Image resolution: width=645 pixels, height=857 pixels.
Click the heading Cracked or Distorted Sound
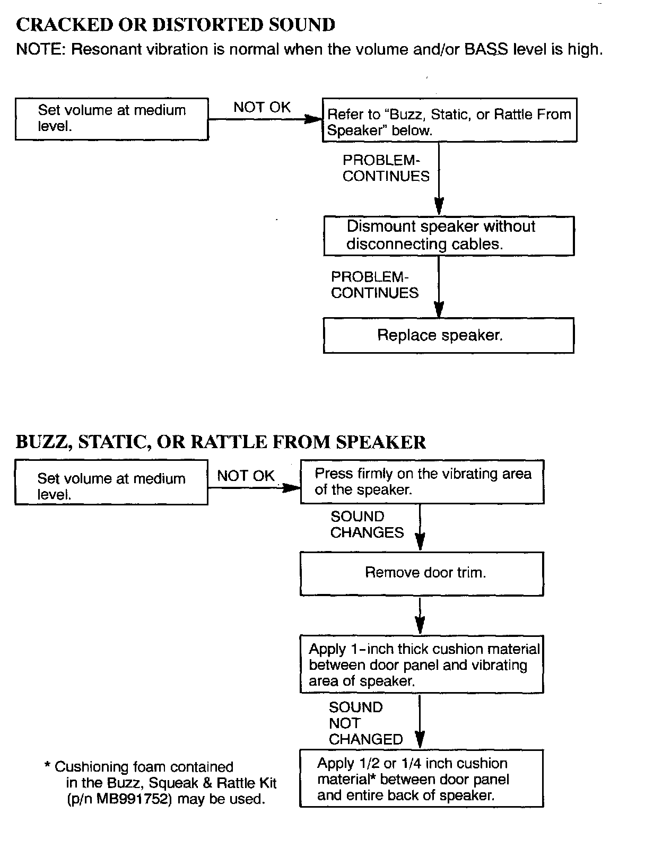coord(176,25)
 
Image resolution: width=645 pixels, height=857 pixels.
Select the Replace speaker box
coord(448,335)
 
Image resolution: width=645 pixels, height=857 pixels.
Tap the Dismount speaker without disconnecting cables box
coord(448,235)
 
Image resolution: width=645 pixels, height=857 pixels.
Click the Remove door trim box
coord(422,573)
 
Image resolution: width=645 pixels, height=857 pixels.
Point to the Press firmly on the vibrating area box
coord(422,482)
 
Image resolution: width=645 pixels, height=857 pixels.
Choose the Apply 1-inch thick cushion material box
coord(422,665)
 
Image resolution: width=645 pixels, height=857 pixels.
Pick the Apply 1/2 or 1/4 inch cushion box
coord(422,779)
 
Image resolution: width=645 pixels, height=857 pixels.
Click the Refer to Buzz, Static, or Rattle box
coord(449,120)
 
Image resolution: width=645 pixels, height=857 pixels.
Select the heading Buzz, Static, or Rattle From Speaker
coord(221,442)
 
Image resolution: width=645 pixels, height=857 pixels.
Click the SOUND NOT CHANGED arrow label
coord(365,723)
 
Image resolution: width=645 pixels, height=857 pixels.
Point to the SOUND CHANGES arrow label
coord(367,524)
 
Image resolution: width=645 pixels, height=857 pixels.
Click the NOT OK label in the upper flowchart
coord(262,107)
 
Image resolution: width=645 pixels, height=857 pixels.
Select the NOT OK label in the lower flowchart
coord(246,476)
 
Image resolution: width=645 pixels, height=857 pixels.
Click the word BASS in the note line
coord(486,49)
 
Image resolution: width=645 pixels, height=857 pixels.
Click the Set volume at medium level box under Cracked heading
coord(111,119)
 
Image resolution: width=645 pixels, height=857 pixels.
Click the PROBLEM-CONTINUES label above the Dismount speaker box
coord(386,168)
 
